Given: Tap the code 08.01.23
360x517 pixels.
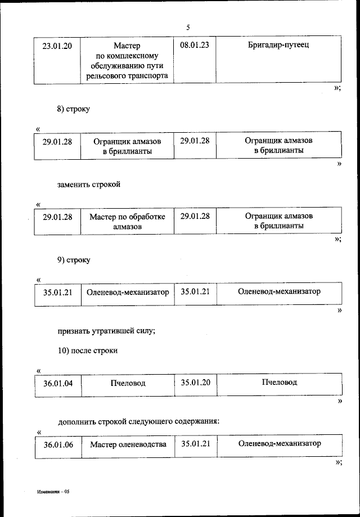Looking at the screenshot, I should [195, 45].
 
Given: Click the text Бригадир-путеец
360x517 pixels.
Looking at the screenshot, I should [278, 45].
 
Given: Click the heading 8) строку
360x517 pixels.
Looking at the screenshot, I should [73, 109].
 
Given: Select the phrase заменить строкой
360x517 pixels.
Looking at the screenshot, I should [89, 184].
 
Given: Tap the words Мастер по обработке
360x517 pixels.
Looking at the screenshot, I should [127, 217].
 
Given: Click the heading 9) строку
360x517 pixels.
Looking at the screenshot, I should [73, 260].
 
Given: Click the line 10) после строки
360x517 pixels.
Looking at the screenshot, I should [87, 350].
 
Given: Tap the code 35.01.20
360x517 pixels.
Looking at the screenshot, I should [196, 383].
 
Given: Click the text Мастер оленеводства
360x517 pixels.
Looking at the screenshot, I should [128, 444].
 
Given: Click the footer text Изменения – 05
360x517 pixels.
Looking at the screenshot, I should [53, 491].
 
